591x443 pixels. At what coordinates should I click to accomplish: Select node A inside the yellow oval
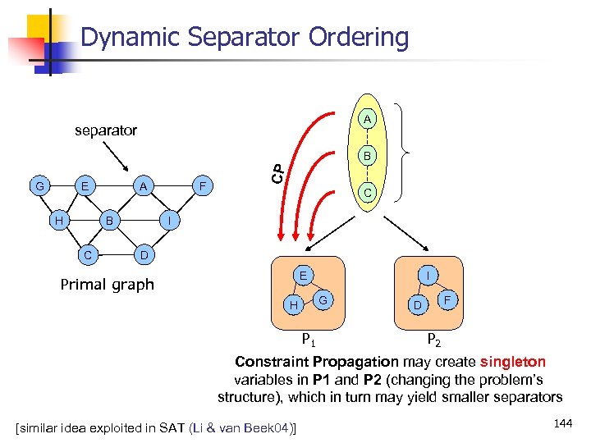369,120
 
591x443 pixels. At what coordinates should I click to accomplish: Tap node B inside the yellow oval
369,156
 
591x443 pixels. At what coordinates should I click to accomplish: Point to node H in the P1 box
293,305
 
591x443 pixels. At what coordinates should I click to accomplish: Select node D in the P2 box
418,306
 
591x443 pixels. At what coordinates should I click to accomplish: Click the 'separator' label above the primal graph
106,130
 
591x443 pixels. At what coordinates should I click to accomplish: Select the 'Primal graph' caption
108,285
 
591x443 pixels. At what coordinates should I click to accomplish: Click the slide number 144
562,423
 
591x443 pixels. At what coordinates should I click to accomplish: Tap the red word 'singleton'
513,362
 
